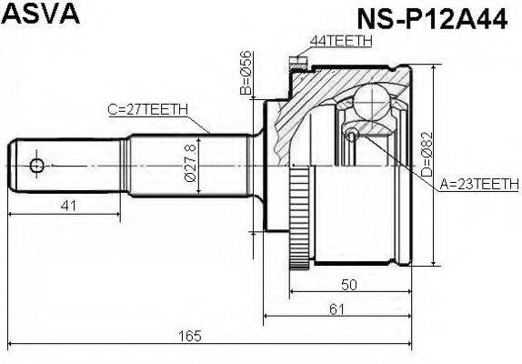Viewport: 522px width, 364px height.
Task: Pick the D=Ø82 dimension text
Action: coord(427,155)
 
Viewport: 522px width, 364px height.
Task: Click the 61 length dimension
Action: coord(336,310)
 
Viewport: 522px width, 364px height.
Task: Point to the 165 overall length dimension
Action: coord(188,338)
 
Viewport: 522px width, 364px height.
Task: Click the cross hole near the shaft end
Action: coord(36,166)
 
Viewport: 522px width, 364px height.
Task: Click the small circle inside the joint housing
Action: coord(353,135)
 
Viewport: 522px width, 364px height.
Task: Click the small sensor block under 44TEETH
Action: coord(295,63)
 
